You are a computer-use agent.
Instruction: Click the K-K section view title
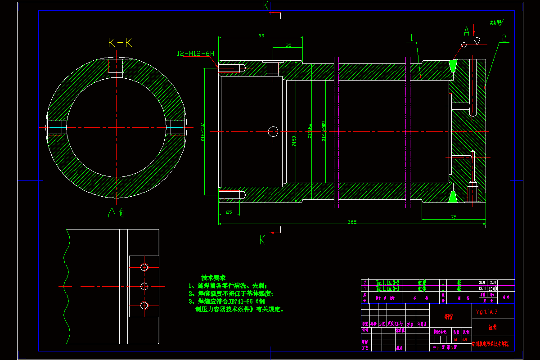click(120, 43)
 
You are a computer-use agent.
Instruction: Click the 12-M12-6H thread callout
click(195, 54)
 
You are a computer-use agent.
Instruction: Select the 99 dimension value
click(261, 36)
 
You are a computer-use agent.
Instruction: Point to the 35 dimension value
click(288, 45)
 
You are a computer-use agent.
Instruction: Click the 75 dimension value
click(454, 217)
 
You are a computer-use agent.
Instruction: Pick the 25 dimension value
click(229, 211)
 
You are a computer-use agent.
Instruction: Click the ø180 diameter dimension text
click(294, 141)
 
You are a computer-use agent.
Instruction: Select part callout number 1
click(411, 38)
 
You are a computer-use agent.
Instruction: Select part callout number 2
click(504, 38)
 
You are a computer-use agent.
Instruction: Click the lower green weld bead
click(453, 196)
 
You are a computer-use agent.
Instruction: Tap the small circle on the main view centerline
click(273, 131)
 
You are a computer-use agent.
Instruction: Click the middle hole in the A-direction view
click(144, 286)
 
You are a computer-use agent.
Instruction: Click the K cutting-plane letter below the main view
click(262, 240)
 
